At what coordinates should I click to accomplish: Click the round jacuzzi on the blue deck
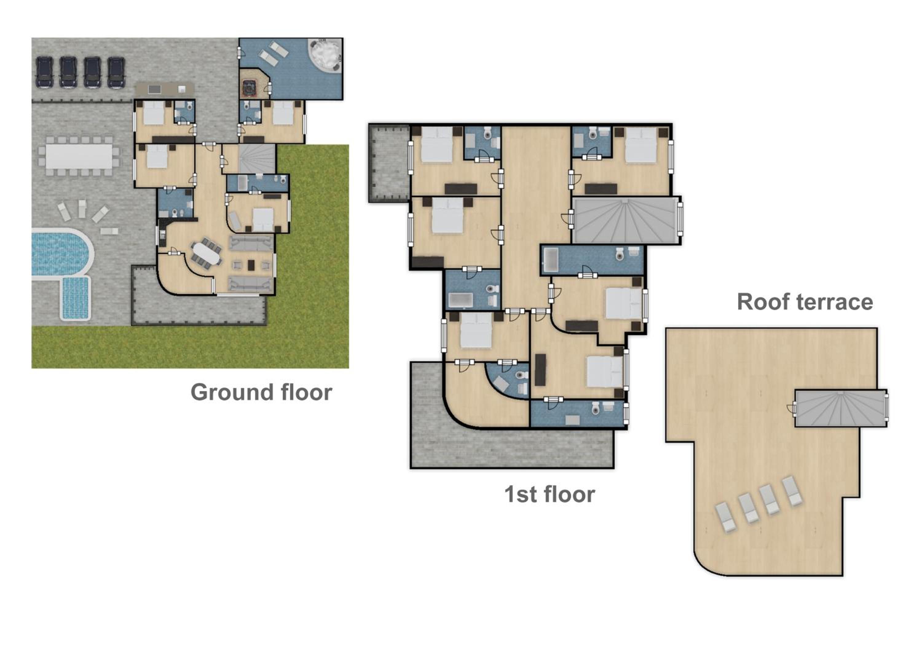point(325,55)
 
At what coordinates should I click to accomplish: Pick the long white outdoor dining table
point(79,156)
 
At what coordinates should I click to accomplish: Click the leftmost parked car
point(44,72)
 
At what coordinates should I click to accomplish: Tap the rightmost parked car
point(116,72)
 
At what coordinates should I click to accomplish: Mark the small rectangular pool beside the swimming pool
point(76,298)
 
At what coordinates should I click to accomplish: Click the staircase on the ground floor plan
point(257,159)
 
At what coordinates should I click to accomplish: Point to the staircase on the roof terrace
point(841,408)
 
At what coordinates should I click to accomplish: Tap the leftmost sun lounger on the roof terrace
point(726,518)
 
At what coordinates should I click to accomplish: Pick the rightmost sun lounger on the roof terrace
point(792,491)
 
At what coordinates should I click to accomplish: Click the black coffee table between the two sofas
point(251,265)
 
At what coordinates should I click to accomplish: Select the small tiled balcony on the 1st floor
point(389,163)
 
